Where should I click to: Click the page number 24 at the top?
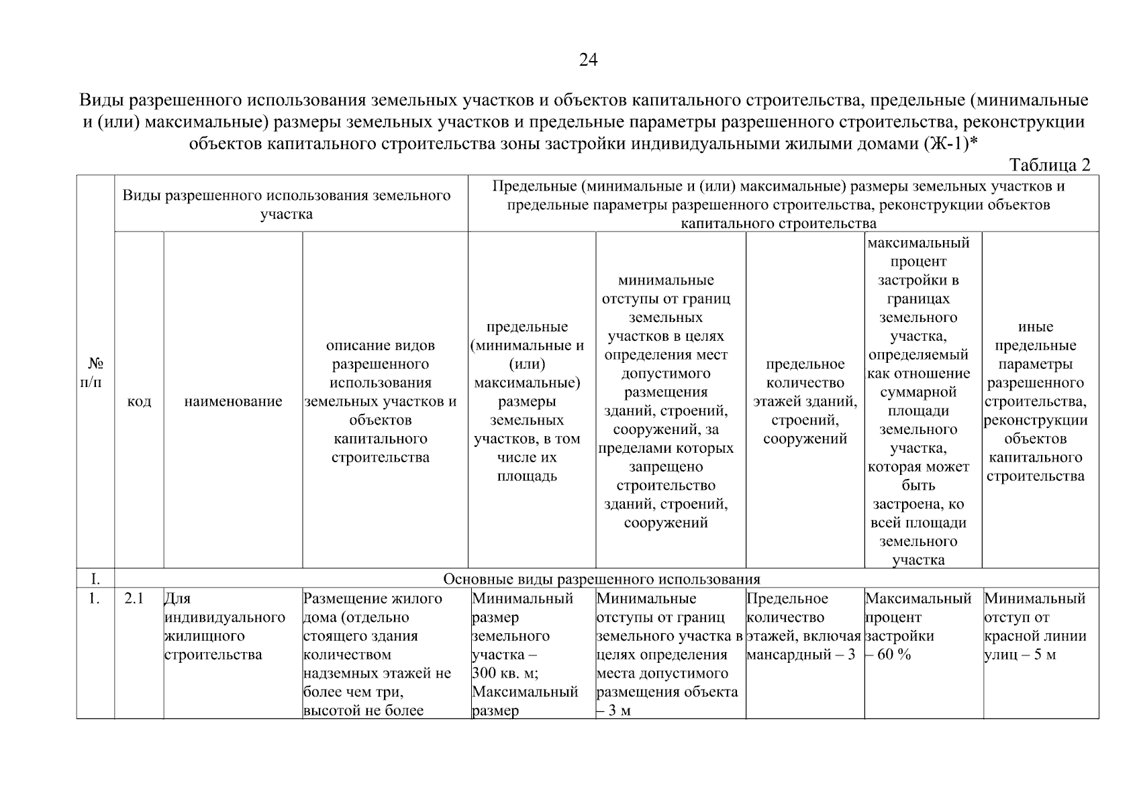tap(588, 60)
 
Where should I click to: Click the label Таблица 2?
tap(1050, 165)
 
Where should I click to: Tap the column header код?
tap(139, 401)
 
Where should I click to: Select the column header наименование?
tap(233, 401)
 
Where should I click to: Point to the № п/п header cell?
tap(95, 372)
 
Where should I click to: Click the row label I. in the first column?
tap(95, 578)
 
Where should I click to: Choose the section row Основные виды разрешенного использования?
tap(601, 578)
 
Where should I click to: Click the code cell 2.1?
tap(135, 598)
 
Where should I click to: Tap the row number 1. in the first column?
tap(95, 598)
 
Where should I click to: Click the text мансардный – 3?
tap(800, 655)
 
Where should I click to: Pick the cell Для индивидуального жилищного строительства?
tap(225, 627)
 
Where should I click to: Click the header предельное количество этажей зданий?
tap(805, 401)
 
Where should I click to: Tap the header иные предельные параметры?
tap(1035, 401)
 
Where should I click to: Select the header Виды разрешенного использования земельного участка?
tap(287, 205)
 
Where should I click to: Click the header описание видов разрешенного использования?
tap(381, 401)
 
